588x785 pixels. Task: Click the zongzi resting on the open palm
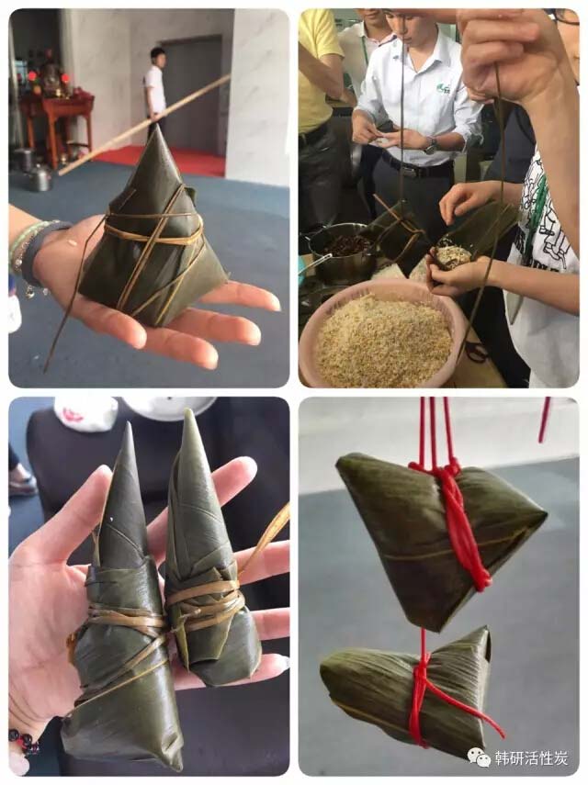[x=153, y=235]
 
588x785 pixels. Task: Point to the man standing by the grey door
[x=155, y=87]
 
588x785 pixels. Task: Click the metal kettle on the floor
[x=40, y=175]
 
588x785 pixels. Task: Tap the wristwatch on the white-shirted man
[x=430, y=145]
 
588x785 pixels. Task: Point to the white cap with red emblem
[x=85, y=414]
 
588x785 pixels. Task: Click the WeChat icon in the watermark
[x=480, y=757]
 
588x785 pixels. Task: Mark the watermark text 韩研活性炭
[x=531, y=758]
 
